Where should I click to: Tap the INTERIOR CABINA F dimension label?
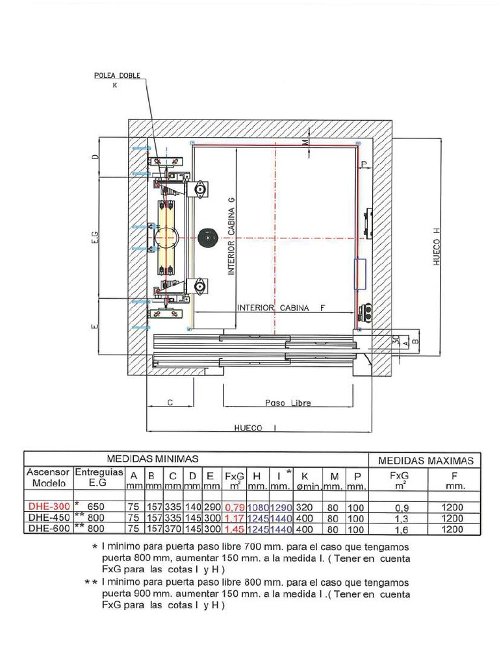(281, 308)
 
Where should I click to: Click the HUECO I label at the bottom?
(255, 428)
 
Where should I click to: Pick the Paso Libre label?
(288, 403)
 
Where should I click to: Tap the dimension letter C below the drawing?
(170, 403)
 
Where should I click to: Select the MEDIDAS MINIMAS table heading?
(152, 459)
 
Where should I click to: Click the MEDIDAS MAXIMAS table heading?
(426, 460)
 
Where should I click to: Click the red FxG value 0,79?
(234, 507)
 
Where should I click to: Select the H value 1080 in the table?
(257, 507)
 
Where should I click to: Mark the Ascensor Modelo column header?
(47, 478)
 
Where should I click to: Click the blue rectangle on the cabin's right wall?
(360, 273)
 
